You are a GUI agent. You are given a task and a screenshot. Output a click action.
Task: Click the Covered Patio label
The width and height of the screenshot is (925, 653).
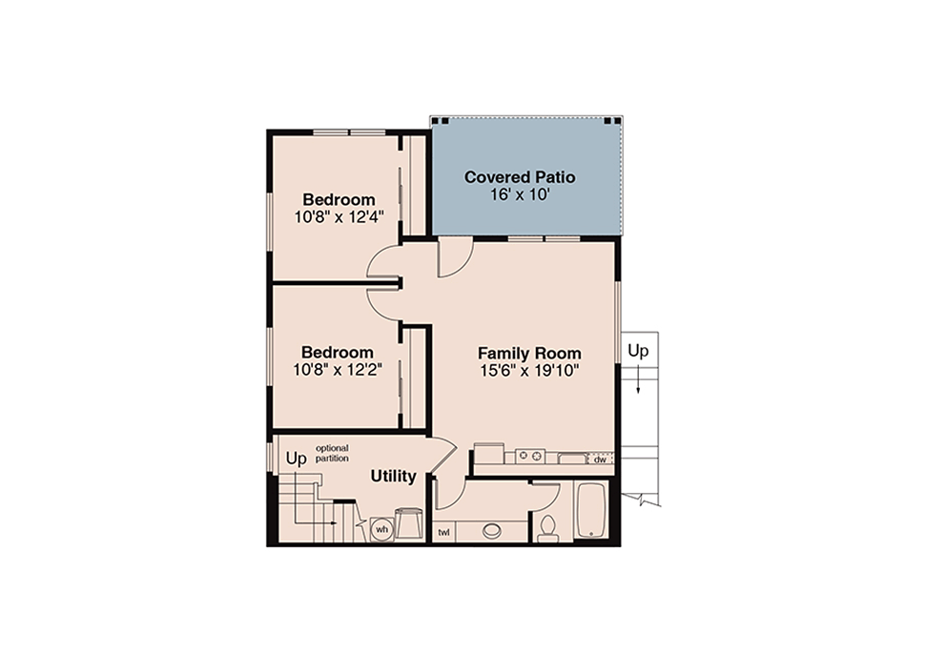pyautogui.click(x=520, y=177)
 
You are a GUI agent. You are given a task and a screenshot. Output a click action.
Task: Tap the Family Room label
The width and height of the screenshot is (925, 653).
pyautogui.click(x=529, y=354)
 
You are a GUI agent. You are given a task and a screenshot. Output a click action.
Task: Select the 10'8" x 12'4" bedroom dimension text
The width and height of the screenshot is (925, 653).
pyautogui.click(x=339, y=217)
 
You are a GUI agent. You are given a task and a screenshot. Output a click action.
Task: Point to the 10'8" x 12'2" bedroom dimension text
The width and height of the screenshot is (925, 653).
pyautogui.click(x=338, y=370)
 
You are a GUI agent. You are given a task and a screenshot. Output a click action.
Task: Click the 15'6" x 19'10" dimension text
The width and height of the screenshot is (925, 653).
pyautogui.click(x=529, y=371)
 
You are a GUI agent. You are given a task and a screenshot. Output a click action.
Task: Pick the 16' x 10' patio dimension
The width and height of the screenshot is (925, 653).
pyautogui.click(x=520, y=194)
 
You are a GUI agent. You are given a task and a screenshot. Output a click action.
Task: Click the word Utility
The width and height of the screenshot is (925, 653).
pyautogui.click(x=394, y=476)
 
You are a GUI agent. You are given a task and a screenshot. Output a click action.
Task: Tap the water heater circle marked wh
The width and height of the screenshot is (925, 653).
pyautogui.click(x=382, y=529)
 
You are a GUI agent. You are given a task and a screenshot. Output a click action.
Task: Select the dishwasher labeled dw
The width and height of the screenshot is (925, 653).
pyautogui.click(x=601, y=459)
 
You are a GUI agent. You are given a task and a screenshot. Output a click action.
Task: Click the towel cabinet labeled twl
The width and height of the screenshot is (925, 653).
pyautogui.click(x=443, y=533)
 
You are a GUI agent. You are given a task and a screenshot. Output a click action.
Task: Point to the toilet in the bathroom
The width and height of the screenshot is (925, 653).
pyautogui.click(x=547, y=528)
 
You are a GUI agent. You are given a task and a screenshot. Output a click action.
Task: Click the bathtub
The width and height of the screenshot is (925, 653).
pyautogui.click(x=590, y=511)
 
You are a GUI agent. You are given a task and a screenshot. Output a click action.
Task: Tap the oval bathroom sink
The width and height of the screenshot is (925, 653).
pyautogui.click(x=491, y=531)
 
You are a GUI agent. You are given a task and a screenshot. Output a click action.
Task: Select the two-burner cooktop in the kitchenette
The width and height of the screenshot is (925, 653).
pyautogui.click(x=530, y=456)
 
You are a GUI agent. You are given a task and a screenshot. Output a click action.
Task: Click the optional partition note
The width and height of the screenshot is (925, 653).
pyautogui.click(x=332, y=453)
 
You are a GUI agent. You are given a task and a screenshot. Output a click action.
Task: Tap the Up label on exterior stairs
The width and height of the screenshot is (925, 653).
pyautogui.click(x=638, y=351)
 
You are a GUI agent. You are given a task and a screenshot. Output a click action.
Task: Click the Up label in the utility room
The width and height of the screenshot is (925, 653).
pyautogui.click(x=297, y=459)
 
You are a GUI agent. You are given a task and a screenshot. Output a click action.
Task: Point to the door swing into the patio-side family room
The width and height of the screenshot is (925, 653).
pyautogui.click(x=455, y=257)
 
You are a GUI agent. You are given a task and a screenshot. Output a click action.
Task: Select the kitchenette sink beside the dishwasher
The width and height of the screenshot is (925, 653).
pyautogui.click(x=571, y=458)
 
